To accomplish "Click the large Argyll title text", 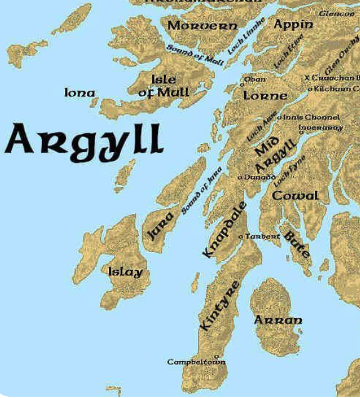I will (84, 139).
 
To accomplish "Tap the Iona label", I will (80, 93).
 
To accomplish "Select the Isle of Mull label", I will (163, 86).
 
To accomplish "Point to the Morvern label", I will (203, 26).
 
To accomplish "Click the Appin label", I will (294, 24).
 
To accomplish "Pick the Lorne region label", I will (265, 96).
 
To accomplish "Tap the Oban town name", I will (255, 79).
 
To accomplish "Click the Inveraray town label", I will (321, 127).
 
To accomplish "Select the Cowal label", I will (295, 195).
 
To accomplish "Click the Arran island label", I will (278, 320).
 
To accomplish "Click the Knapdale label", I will (225, 230).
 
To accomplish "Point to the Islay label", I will (125, 272).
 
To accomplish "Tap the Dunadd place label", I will (260, 178).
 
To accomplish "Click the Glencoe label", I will (336, 13).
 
